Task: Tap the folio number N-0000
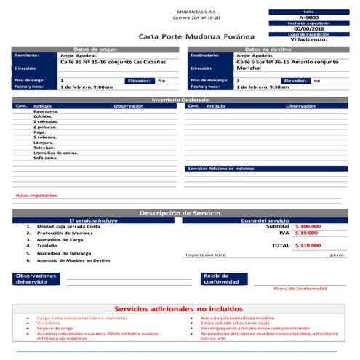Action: pos(308,17)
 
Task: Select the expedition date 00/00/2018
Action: pos(308,28)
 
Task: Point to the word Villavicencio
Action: pos(308,40)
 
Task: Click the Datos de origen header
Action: pos(95,49)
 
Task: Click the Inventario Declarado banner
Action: pos(180,100)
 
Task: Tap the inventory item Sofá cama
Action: pos(46,158)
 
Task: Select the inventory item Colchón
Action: pos(42,116)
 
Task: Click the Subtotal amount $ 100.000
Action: pos(308,226)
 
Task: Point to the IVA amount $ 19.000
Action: pos(306,233)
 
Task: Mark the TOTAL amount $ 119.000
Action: pos(308,246)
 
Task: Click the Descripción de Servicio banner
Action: pos(180,212)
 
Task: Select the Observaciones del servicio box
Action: pos(37,279)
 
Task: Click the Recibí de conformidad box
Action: pos(225,279)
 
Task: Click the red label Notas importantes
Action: pos(37,196)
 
